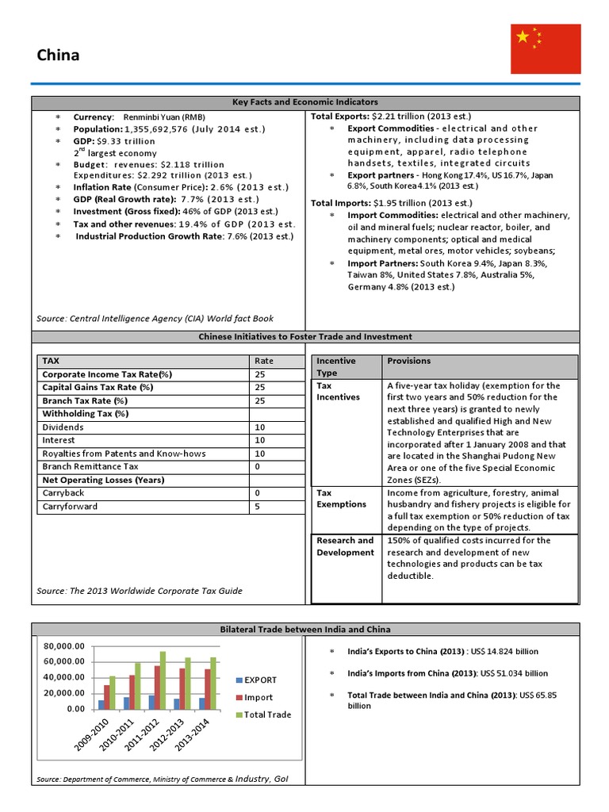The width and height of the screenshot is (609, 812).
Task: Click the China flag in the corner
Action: coord(546,48)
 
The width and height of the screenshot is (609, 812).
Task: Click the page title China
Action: coord(59,56)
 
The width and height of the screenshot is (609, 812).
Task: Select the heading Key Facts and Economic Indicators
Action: coord(305,102)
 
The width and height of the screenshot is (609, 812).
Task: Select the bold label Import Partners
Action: coord(383,262)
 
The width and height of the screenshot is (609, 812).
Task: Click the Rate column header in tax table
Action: coord(264,361)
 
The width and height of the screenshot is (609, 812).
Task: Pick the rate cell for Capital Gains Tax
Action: coord(259,388)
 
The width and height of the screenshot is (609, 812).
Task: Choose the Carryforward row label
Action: coord(66,506)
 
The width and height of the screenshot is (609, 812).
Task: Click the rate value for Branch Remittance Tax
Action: coord(258,467)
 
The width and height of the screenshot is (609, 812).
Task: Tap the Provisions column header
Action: coord(408,361)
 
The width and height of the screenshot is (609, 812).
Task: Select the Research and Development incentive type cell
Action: coord(345,546)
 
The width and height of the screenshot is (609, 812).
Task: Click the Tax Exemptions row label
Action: coord(342,498)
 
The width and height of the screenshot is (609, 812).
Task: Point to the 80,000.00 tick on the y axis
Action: coord(63,645)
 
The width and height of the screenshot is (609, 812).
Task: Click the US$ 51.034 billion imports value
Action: coord(513,673)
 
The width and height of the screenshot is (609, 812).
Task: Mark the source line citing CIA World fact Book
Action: coord(155,318)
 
